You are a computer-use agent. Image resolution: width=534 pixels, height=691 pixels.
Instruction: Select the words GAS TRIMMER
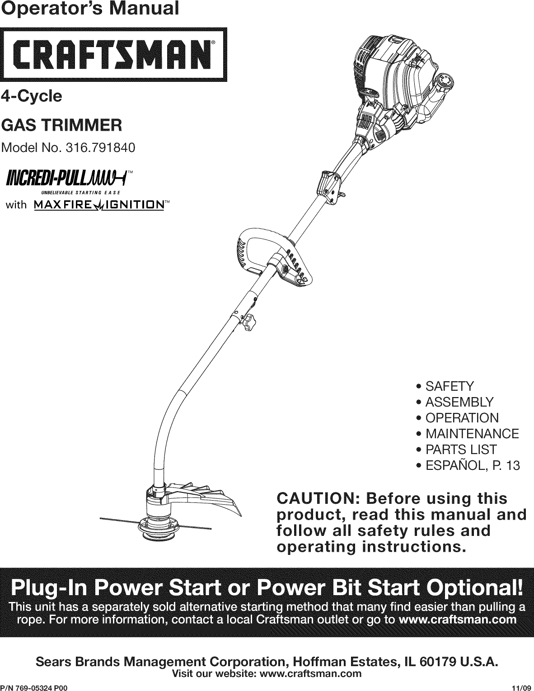click(61, 124)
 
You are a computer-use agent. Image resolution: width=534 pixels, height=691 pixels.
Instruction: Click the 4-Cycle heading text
click(32, 96)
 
